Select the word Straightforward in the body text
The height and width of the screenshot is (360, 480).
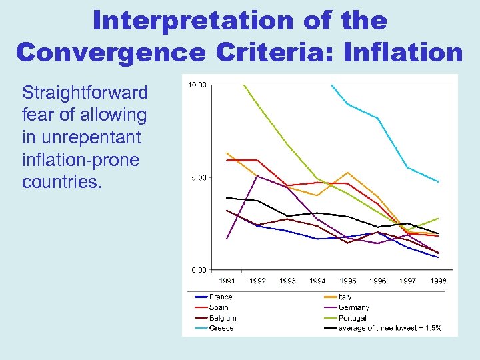point(84,92)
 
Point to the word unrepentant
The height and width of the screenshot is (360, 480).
point(81,137)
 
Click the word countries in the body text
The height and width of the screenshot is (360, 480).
point(61,182)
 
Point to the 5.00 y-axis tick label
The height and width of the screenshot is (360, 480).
point(198,177)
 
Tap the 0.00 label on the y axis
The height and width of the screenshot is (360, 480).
point(198,270)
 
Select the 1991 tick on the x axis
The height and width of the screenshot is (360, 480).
point(227,281)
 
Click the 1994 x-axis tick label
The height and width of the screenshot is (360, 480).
point(317,281)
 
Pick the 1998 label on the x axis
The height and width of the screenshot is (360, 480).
point(438,281)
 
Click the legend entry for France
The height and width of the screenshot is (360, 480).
point(221,297)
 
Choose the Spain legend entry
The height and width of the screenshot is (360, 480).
point(219,307)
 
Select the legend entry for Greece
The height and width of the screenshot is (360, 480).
point(221,328)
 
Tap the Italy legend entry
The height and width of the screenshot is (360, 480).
point(345,297)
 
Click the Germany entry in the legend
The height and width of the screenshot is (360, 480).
point(353,307)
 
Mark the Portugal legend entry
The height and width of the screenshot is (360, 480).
point(352,318)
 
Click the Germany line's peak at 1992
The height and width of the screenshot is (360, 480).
point(257,175)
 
